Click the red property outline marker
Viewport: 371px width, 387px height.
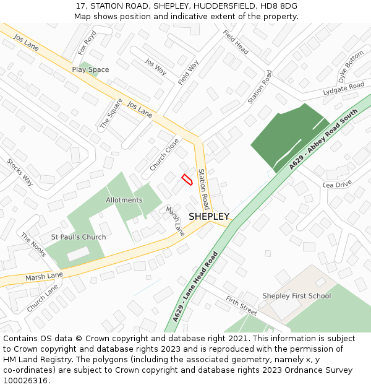pyautogui.click(x=187, y=180)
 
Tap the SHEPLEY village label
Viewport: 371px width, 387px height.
pyautogui.click(x=209, y=217)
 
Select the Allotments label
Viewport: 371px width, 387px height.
pyautogui.click(x=124, y=200)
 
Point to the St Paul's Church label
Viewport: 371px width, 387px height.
pyautogui.click(x=78, y=237)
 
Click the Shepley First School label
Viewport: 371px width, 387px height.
pyautogui.click(x=296, y=296)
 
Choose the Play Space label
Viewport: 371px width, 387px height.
pyautogui.click(x=90, y=70)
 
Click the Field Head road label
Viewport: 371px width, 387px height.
pyautogui.click(x=236, y=42)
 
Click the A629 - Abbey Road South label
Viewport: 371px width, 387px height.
pyautogui.click(x=323, y=139)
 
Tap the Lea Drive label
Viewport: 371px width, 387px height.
pyautogui.click(x=336, y=185)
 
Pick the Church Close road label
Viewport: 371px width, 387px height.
pyautogui.click(x=164, y=154)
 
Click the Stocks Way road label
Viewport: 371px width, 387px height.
pyautogui.click(x=20, y=172)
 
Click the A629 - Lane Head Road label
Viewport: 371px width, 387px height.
pyautogui.click(x=195, y=287)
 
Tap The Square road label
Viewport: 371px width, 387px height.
pyautogui.click(x=111, y=113)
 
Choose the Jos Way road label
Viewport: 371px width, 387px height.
pyautogui.click(x=156, y=66)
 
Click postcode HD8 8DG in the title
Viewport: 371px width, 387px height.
pyautogui.click(x=279, y=6)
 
